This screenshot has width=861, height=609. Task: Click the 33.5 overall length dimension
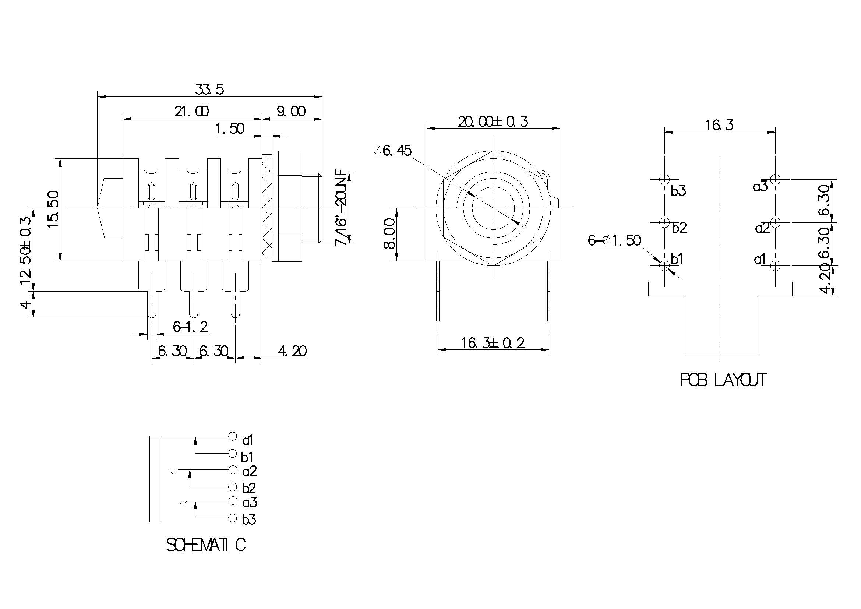tap(209, 89)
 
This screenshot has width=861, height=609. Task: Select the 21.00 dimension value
tap(191, 111)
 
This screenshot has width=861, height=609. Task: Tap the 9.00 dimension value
tap(291, 111)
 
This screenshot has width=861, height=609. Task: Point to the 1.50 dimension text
tap(230, 129)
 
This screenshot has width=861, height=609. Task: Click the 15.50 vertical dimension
tap(54, 209)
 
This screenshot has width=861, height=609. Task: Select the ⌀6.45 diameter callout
tap(393, 150)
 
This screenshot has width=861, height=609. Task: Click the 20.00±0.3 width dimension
tap(493, 122)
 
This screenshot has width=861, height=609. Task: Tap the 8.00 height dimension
tap(389, 234)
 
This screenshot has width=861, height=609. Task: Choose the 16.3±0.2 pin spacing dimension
tap(493, 343)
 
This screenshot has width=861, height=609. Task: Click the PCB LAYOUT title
tap(722, 380)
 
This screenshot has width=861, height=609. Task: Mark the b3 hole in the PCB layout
tap(664, 179)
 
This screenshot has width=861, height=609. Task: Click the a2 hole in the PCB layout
tap(775, 222)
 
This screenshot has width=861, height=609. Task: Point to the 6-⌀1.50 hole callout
tap(614, 240)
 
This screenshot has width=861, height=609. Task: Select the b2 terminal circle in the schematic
tap(233, 487)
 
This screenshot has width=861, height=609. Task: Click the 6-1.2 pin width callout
tap(190, 327)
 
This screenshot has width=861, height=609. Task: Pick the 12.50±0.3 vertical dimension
tap(25, 250)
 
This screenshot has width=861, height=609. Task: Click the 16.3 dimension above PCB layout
tap(719, 124)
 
